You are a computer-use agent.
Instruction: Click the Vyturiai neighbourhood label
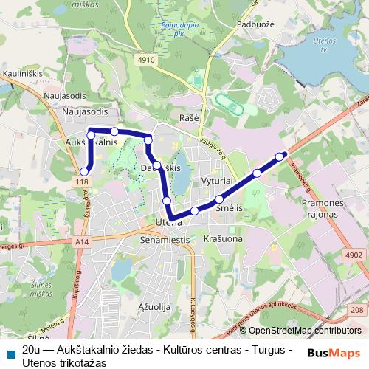218,180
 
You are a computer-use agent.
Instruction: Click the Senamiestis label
165,241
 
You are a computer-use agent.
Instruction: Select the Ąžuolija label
154,305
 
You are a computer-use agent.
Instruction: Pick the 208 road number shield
356,310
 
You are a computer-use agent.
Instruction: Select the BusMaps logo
334,352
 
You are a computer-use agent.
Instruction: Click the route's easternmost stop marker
280,156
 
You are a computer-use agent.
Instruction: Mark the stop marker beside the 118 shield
84,171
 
